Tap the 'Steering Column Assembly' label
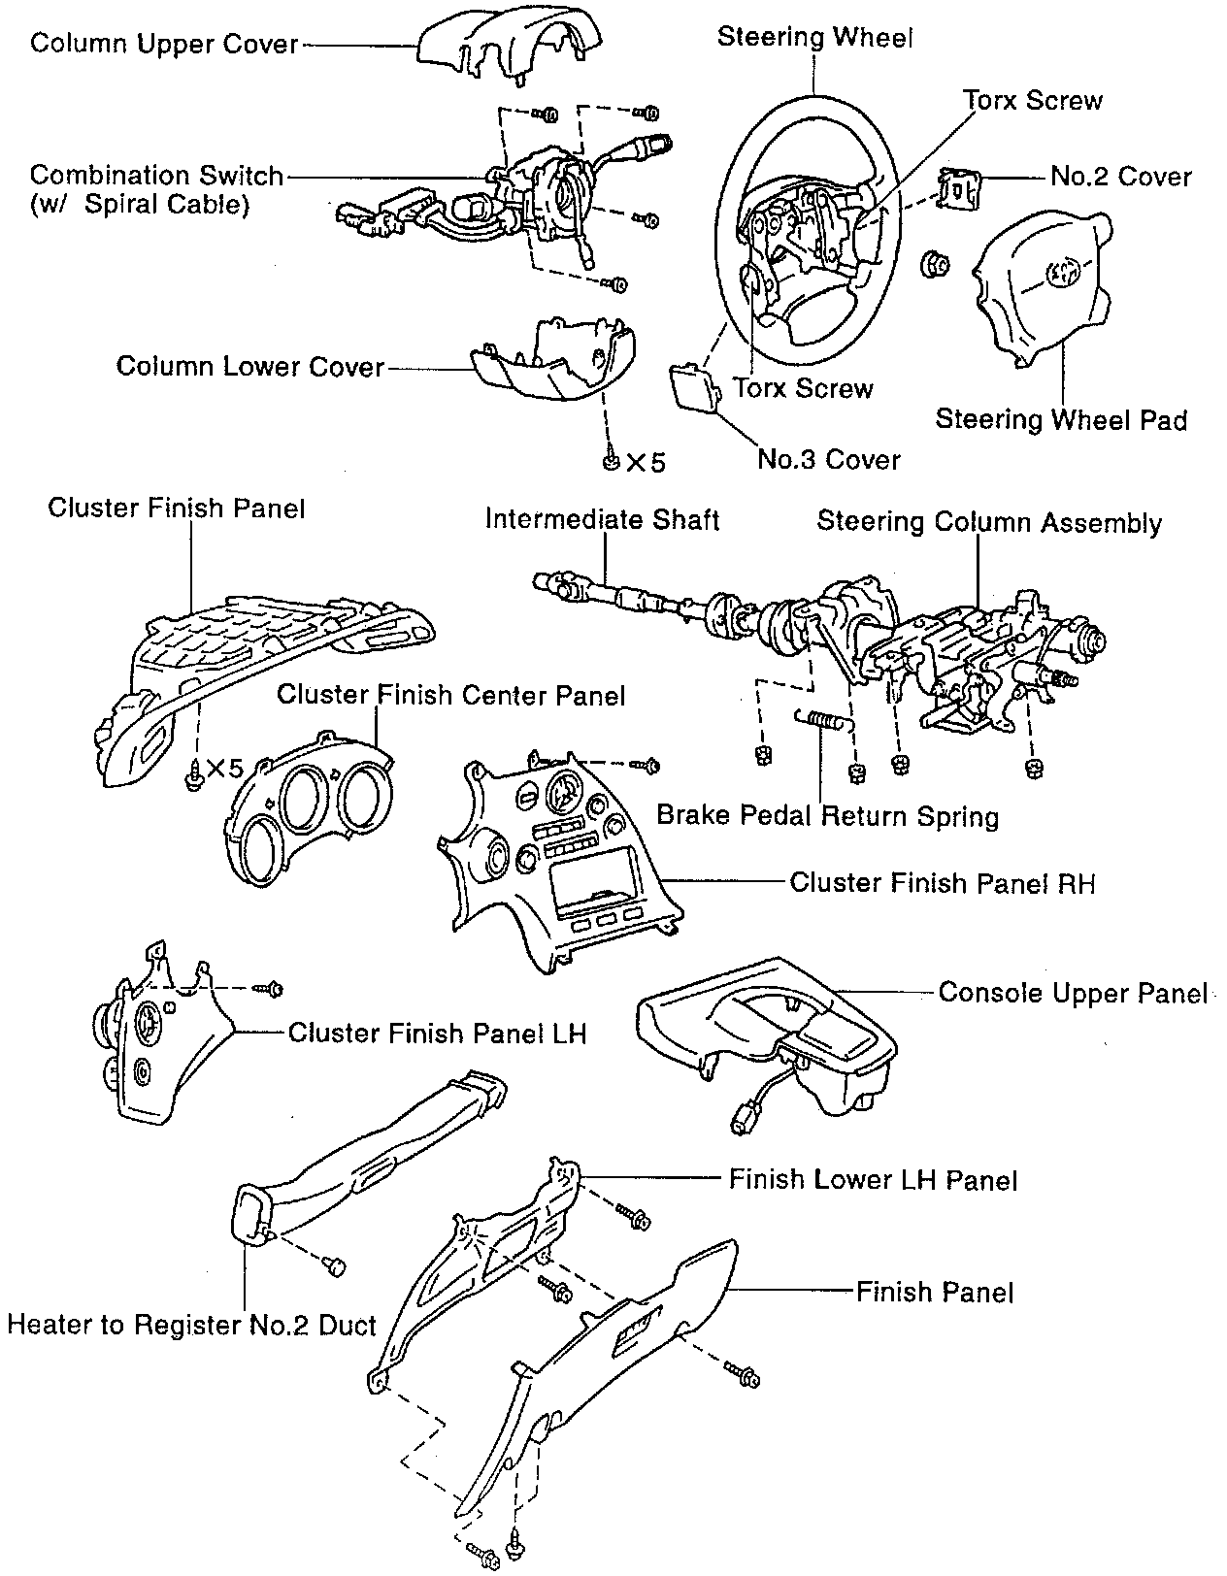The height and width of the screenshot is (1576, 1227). tap(988, 522)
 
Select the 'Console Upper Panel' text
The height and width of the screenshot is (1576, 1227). tap(1073, 993)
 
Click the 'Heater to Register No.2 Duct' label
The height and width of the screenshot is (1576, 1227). tap(191, 1325)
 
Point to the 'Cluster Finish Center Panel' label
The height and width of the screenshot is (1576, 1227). tap(450, 695)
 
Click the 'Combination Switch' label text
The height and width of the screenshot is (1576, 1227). tap(156, 176)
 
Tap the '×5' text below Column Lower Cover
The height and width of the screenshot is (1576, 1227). tap(646, 463)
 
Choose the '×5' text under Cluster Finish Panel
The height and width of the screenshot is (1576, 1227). tap(223, 770)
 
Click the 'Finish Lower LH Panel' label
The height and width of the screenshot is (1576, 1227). tap(873, 1180)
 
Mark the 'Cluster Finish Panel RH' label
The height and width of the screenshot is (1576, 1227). tap(942, 882)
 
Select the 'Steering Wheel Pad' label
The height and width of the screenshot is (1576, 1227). tap(1060, 419)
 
